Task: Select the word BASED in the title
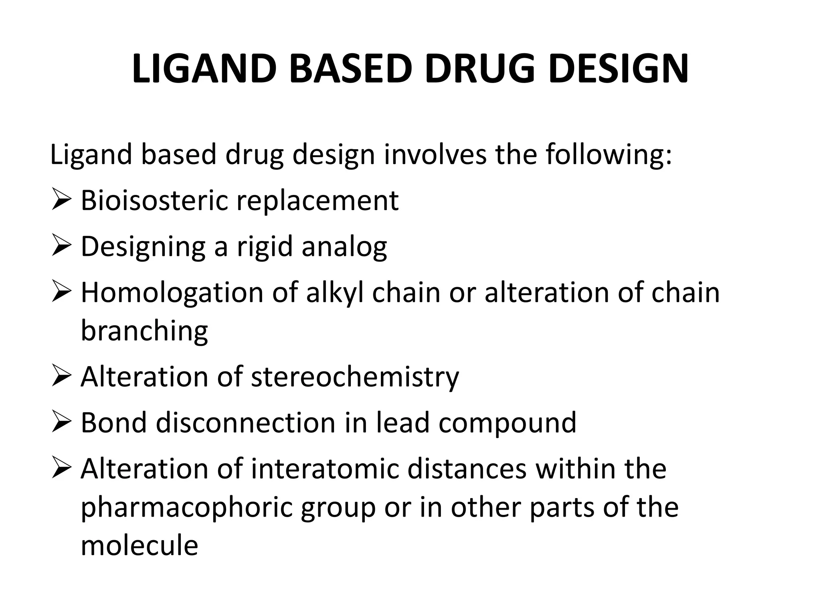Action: click(x=350, y=69)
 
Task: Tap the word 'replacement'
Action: click(x=317, y=201)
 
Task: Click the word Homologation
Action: click(x=172, y=293)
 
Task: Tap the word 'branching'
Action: click(x=144, y=331)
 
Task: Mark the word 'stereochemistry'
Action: click(x=355, y=377)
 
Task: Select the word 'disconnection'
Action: click(x=245, y=423)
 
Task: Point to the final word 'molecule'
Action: click(x=139, y=545)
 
